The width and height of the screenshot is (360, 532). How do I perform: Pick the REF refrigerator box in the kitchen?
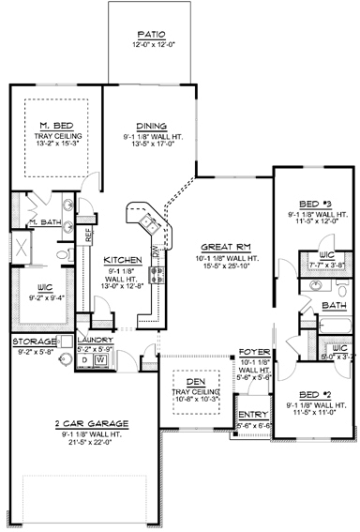[x=90, y=236]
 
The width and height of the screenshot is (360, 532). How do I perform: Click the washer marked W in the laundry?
[x=98, y=358]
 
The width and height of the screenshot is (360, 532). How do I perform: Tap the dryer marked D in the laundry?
[x=84, y=358]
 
